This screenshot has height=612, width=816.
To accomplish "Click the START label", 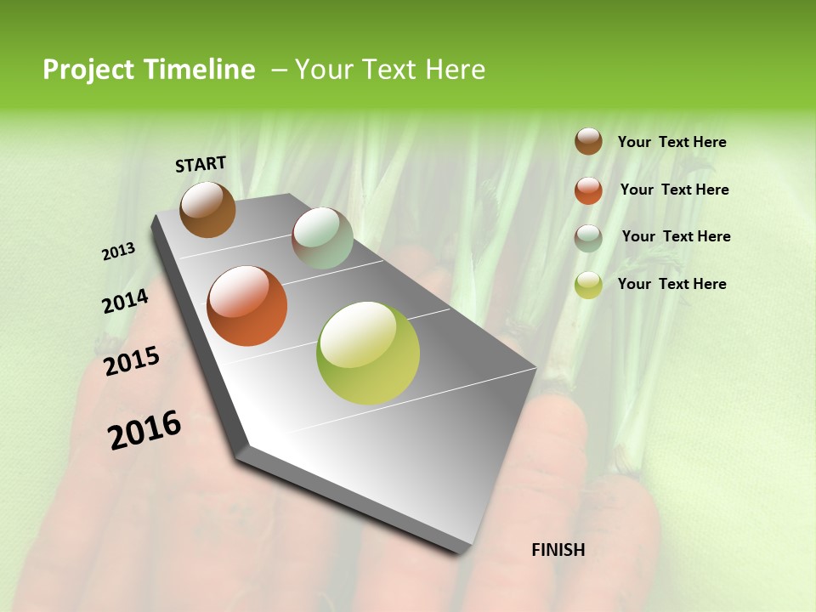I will [201, 164].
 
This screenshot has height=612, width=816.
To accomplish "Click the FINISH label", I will [558, 550].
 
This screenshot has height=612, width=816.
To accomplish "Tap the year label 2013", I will [118, 252].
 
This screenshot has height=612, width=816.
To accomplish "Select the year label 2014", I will [125, 302].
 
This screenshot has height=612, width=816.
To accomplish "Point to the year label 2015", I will [132, 361].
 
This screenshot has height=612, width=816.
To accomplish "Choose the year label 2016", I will [144, 430].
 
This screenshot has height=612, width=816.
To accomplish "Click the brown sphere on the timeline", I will [207, 209].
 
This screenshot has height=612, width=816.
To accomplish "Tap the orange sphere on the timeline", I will [247, 306].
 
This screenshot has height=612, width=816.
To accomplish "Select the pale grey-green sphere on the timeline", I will [322, 238].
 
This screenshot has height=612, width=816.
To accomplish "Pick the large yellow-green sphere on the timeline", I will [368, 353].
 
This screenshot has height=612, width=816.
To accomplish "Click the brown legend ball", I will [588, 141].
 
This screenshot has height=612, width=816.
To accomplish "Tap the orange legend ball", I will [588, 190].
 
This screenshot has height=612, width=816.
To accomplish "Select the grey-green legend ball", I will [588, 238].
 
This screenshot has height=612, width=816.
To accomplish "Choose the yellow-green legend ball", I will [588, 285].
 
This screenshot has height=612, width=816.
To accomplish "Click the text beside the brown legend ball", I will [671, 142].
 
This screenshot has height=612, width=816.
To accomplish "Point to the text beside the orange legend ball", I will [674, 190].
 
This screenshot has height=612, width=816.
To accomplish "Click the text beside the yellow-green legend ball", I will [671, 284].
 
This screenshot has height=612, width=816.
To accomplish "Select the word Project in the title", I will [88, 70].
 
